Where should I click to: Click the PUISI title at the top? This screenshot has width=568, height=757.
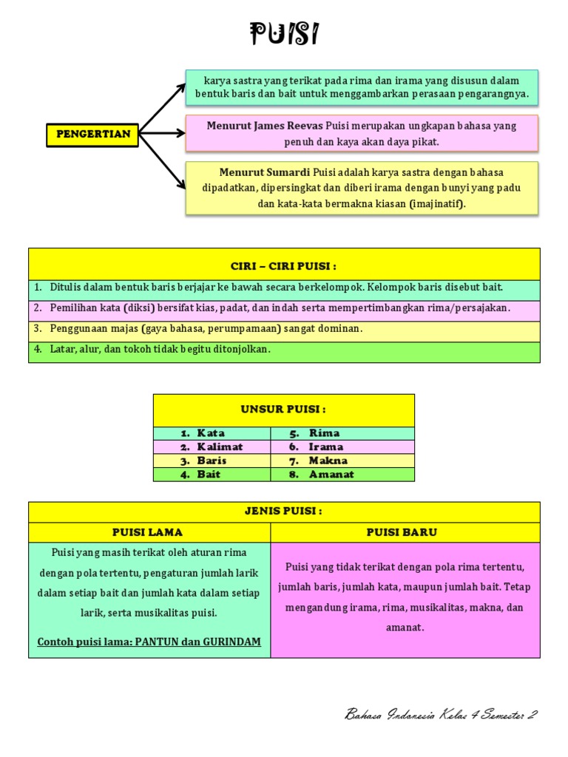coord(284,34)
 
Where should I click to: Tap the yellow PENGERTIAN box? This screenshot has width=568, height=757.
coord(93,135)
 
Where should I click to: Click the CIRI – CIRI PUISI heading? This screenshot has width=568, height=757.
coord(284,265)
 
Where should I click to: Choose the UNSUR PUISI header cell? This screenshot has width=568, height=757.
coord(284,410)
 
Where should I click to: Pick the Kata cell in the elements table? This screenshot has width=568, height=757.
coord(211,433)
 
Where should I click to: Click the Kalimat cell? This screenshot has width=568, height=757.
coord(220,447)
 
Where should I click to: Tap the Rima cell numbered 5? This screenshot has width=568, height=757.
coord(324,433)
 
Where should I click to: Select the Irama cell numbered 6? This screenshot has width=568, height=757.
coord(326,447)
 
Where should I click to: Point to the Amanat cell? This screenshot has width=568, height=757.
coord(331,475)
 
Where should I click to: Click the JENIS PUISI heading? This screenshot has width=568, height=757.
coord(284,512)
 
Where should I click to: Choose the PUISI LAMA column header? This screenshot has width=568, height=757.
coord(148,532)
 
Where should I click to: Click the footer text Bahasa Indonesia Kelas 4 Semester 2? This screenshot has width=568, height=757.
coord(441,714)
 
